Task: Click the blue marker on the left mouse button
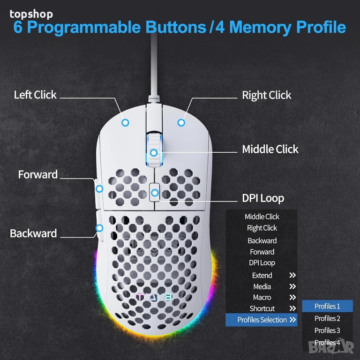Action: tap(125, 123)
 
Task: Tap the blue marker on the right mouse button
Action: tap(181, 123)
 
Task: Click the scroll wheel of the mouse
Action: tap(154, 149)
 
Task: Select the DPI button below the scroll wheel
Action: tap(155, 192)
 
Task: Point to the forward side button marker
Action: tap(99, 189)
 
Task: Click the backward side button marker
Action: tap(99, 228)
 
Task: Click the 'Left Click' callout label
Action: tap(35, 95)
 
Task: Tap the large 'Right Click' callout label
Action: tap(267, 95)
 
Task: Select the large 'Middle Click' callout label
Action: tap(270, 149)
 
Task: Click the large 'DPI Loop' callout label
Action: tap(263, 198)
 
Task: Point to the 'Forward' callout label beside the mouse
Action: tap(38, 174)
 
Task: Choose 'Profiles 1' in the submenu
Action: tap(327, 306)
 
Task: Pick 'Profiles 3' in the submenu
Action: tap(327, 330)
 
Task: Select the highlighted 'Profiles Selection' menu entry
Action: tap(262, 320)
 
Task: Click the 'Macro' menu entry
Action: tap(262, 297)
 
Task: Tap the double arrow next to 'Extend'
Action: tap(292, 275)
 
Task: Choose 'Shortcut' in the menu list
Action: tap(262, 308)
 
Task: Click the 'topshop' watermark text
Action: tap(31, 14)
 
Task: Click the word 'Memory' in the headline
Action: tap(261, 27)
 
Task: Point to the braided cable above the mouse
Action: tap(154, 67)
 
